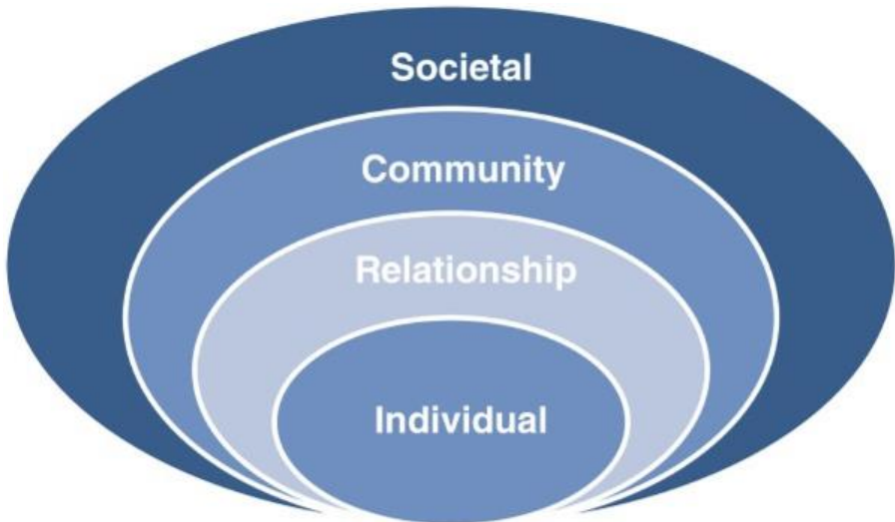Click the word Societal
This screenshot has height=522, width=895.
tap(460, 70)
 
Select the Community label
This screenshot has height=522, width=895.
tap(462, 172)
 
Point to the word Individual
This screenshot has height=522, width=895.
tap(461, 418)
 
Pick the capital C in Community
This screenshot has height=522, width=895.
tap(373, 171)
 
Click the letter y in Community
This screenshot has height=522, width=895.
tap(552, 176)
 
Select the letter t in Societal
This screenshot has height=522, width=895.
tap(487, 70)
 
